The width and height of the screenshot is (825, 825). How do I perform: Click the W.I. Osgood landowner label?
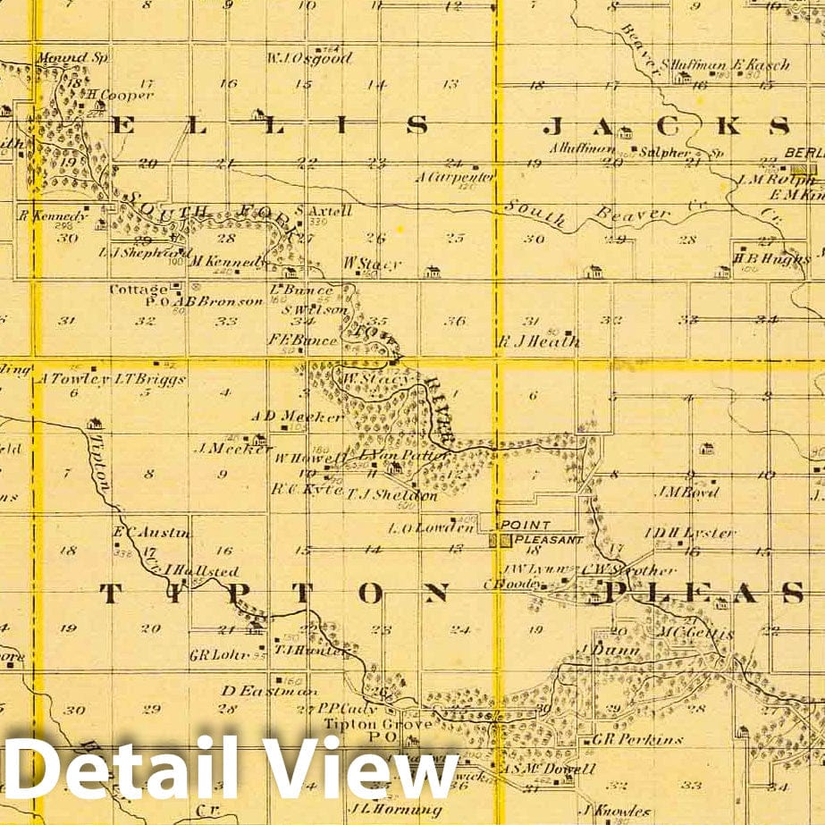click(x=309, y=59)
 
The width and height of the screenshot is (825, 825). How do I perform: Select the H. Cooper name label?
click(x=125, y=95)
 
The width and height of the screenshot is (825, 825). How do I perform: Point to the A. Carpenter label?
click(x=455, y=177)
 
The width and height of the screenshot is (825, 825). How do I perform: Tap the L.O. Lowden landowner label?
click(x=417, y=527)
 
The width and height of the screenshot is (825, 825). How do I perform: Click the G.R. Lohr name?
click(x=211, y=654)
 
